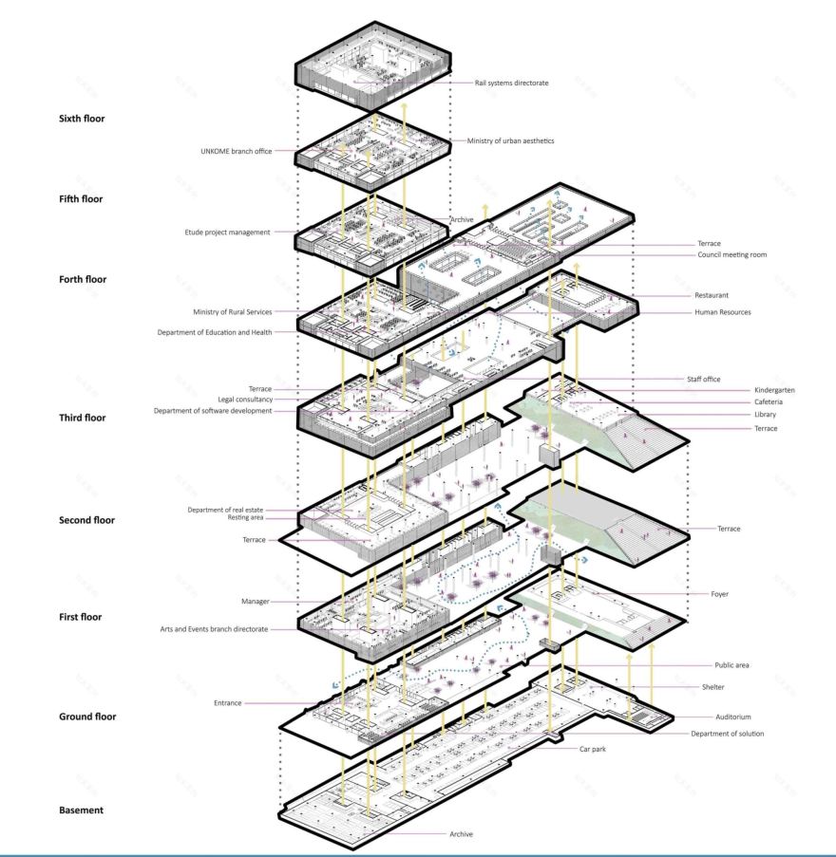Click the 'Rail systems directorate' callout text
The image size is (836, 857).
pos(511,83)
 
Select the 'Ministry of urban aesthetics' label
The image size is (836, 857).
pos(510,141)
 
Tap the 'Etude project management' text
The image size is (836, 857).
pos(227,232)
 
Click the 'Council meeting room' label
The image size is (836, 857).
pos(732,255)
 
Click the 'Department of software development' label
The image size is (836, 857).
pos(212,411)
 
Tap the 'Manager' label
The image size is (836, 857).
pos(256,602)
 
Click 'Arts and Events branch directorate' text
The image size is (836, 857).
pos(215,629)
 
